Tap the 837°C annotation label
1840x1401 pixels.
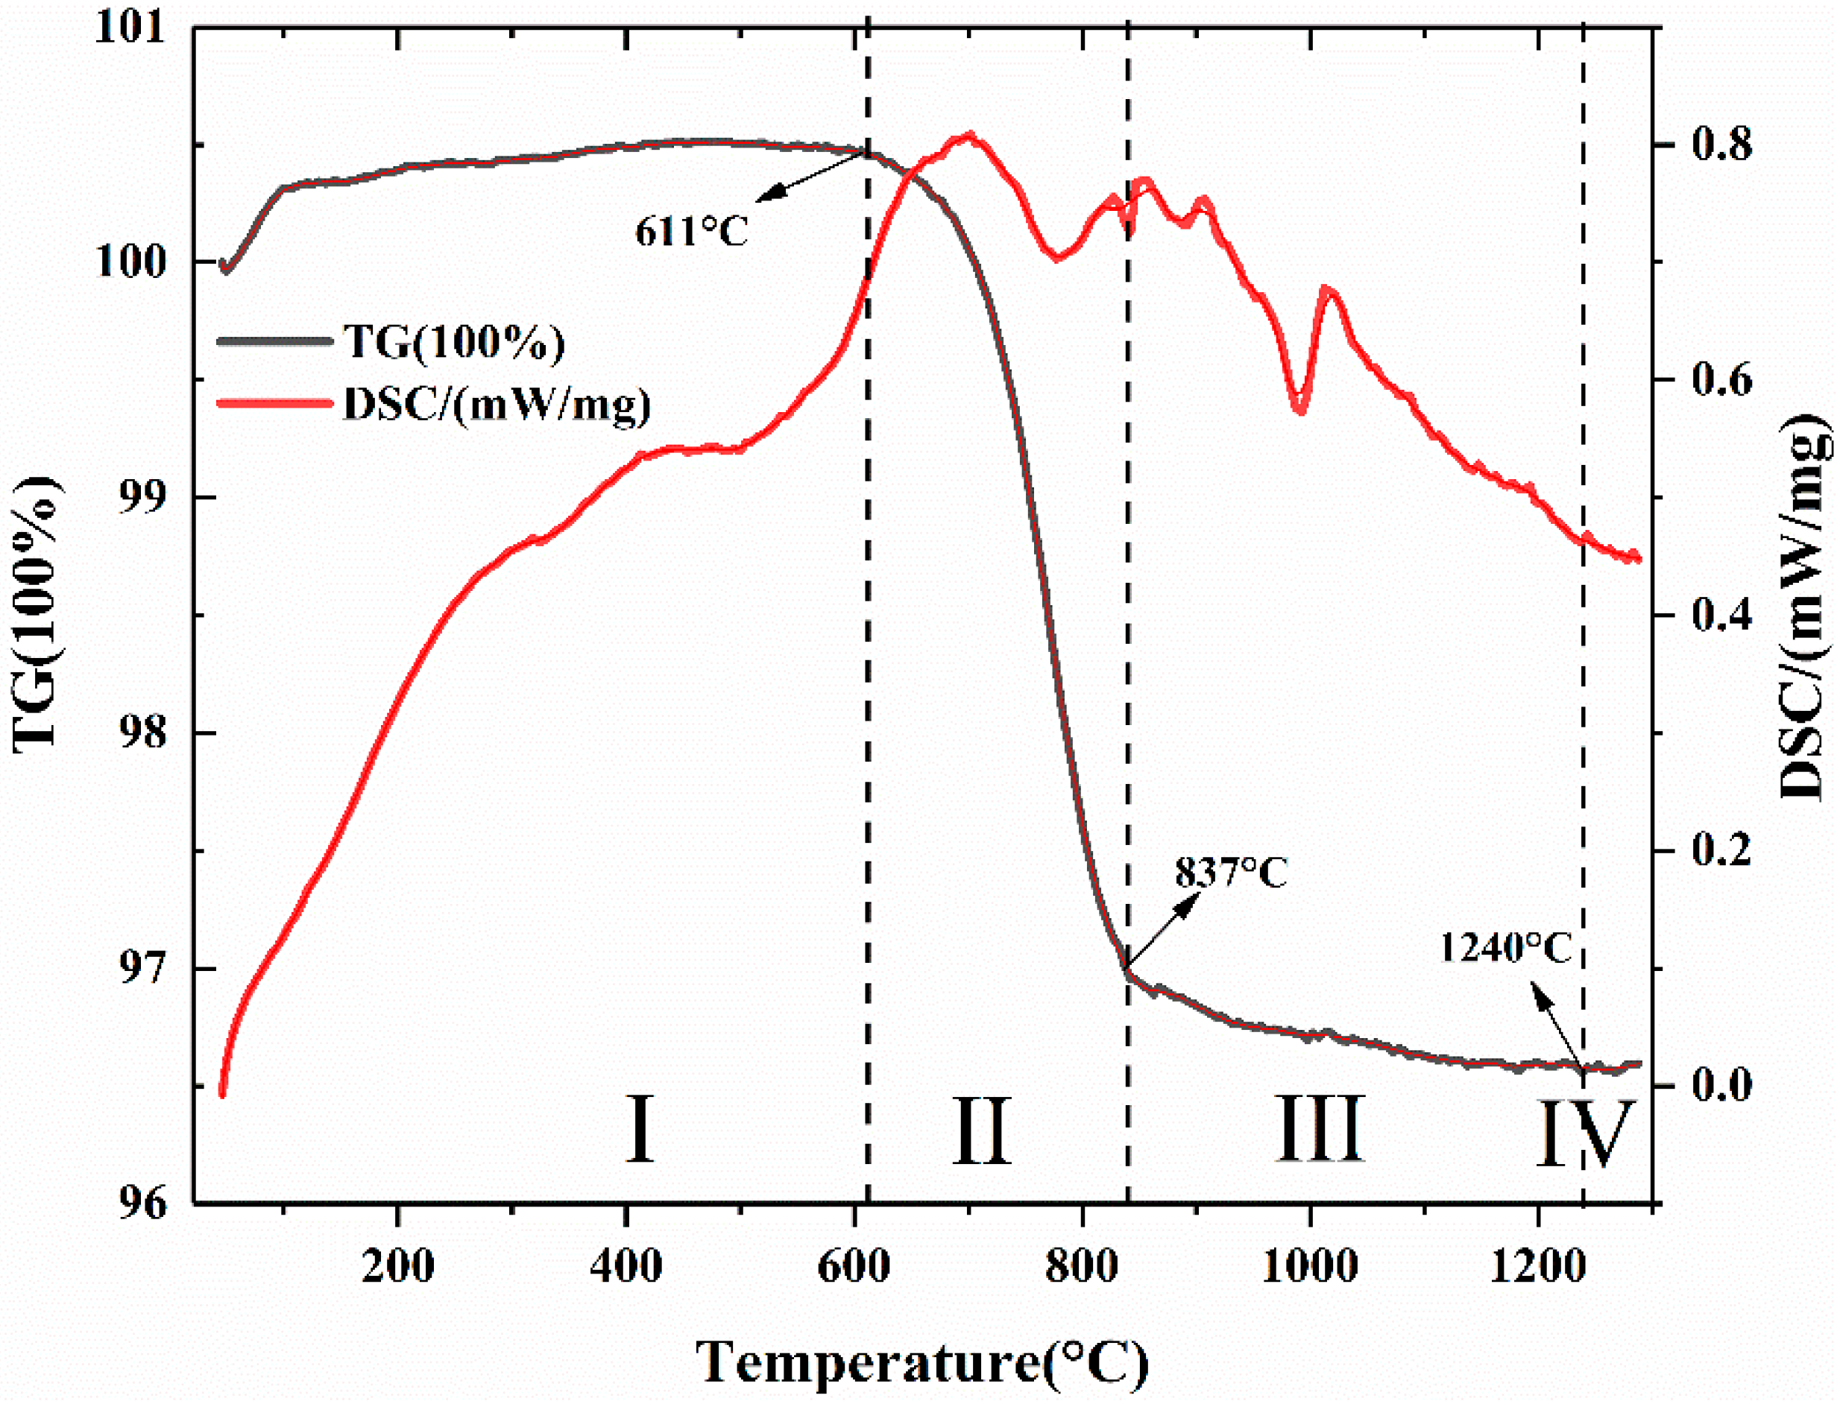click(1231, 873)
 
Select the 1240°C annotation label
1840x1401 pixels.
click(1505, 948)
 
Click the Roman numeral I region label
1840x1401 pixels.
click(640, 1130)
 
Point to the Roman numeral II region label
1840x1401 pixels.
click(982, 1130)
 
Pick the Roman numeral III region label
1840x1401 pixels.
click(1320, 1130)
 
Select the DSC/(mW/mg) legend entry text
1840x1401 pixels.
click(497, 405)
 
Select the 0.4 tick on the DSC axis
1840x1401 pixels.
click(1718, 616)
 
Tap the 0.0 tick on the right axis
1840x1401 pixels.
click(1718, 1086)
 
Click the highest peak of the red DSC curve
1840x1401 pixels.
click(968, 134)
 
